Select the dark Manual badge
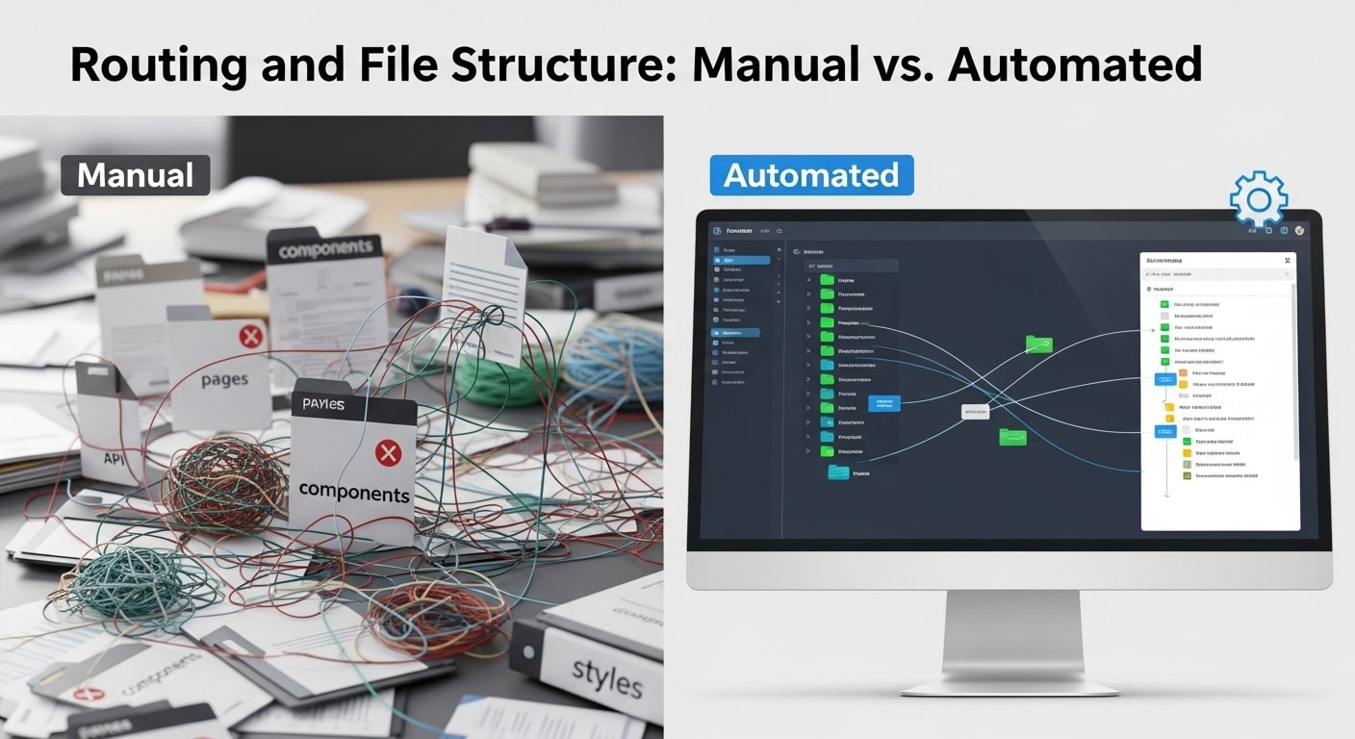(135, 175)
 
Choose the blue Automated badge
(810, 175)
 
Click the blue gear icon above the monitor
(1259, 200)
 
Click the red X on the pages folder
(250, 336)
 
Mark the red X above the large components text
(388, 452)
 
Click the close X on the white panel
(1287, 261)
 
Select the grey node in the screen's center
(975, 412)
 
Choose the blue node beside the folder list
(883, 403)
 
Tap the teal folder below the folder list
(838, 472)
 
